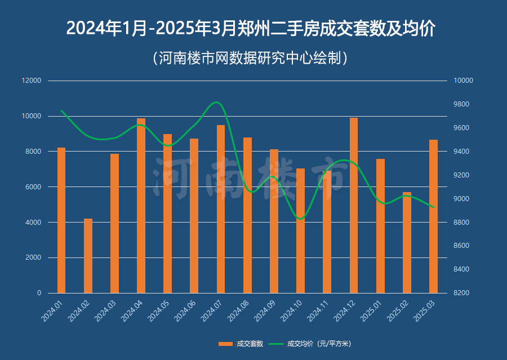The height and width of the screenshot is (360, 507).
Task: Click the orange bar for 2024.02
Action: (88, 256)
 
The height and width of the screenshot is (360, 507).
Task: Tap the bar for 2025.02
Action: (407, 242)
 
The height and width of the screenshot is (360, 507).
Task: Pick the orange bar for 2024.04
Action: (141, 206)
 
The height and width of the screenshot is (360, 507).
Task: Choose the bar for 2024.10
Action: (300, 231)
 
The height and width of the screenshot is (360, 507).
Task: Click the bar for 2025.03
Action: (433, 216)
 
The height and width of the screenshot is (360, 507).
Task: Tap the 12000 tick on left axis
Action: (32, 81)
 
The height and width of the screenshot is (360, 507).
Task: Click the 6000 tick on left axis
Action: (33, 187)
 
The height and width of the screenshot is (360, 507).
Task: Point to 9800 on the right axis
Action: (464, 104)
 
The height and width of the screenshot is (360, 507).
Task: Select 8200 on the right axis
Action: (464, 293)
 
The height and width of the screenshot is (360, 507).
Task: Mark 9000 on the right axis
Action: (464, 199)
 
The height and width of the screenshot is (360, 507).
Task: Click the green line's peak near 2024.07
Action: (217, 102)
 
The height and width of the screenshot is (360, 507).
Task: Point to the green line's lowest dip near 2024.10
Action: (300, 219)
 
